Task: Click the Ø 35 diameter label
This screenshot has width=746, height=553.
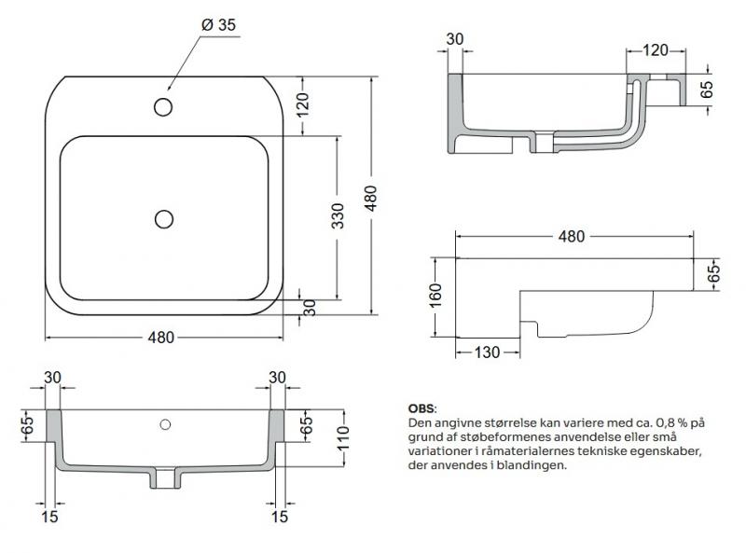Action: (215, 25)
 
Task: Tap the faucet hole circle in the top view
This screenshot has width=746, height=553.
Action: (163, 106)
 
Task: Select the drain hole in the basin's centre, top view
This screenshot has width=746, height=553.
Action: (164, 219)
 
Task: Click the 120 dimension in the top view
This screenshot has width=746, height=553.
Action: (301, 105)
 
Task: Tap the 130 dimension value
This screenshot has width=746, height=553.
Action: (487, 352)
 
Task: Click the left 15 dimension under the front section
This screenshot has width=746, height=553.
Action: (52, 514)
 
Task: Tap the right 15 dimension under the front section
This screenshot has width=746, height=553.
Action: (278, 514)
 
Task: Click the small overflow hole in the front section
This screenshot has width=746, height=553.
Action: (165, 425)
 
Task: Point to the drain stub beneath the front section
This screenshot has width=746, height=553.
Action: (165, 478)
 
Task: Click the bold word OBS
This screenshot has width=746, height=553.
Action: (421, 408)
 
